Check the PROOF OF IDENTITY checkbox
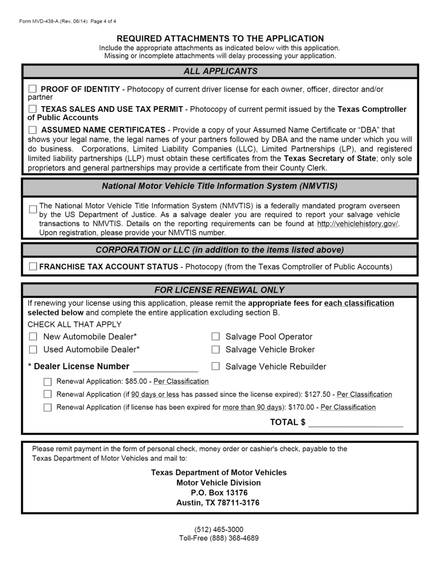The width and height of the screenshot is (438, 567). tap(33, 89)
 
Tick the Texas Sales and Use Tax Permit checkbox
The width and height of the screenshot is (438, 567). tap(33, 109)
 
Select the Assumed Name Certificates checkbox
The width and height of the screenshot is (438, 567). tap(33, 130)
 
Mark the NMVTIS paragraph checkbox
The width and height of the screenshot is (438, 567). tap(33, 209)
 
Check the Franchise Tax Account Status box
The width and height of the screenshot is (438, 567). tap(33, 266)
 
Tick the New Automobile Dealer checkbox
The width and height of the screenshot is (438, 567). tap(33, 336)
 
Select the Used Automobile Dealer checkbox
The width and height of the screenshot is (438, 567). tap(33, 349)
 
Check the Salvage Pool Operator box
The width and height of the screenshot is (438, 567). tap(215, 336)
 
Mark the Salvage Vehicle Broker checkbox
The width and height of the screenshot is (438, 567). tap(215, 349)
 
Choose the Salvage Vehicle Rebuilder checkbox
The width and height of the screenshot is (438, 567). tap(215, 366)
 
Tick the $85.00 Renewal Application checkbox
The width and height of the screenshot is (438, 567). tap(47, 382)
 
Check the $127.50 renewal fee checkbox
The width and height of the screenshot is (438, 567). tap(47, 394)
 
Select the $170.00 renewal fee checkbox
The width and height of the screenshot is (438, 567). tap(47, 407)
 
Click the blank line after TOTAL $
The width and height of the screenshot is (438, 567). tap(355, 423)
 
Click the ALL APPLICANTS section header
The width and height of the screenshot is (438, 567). tap(220, 71)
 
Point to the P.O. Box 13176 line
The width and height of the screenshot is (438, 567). tap(219, 493)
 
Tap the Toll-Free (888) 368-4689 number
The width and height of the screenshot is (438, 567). tap(219, 538)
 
